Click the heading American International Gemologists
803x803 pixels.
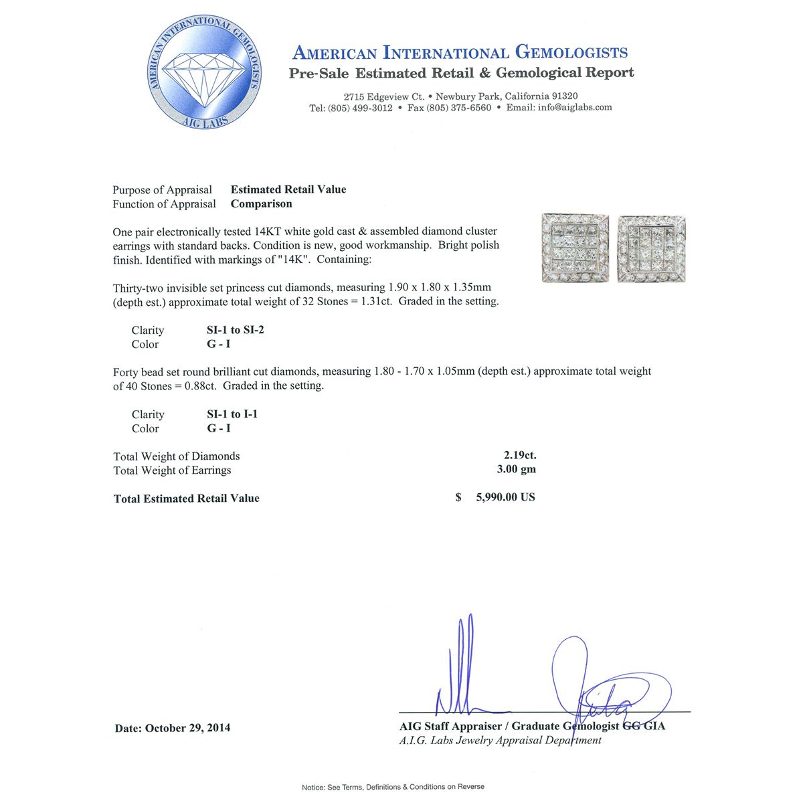(x=460, y=53)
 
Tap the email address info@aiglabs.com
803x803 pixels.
(x=575, y=107)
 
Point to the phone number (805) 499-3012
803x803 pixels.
(x=360, y=108)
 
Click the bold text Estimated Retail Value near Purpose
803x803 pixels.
(x=288, y=189)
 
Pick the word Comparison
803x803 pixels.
(x=261, y=203)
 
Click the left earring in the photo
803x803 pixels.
(x=575, y=249)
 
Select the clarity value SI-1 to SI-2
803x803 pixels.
(x=235, y=330)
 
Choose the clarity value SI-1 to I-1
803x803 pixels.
(x=232, y=414)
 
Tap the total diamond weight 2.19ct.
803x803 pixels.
(x=520, y=455)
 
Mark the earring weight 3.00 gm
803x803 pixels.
(x=516, y=469)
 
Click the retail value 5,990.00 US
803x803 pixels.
(x=505, y=497)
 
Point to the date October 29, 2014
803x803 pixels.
(x=187, y=727)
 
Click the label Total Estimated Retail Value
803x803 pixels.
(x=187, y=499)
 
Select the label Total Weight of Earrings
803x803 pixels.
(x=172, y=470)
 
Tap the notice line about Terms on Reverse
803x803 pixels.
(x=393, y=787)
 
